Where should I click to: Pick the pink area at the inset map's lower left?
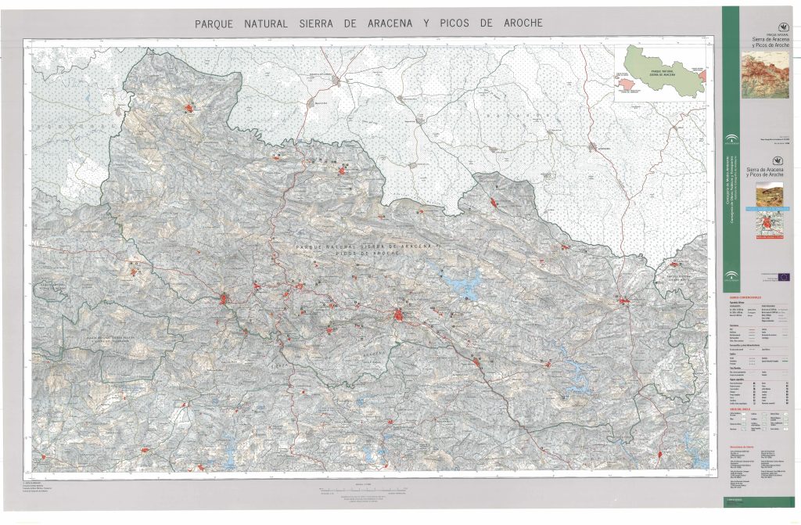point(623,84)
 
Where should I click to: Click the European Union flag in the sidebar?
point(783,275)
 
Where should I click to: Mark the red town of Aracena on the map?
point(400,317)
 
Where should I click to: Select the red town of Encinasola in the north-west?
point(190,109)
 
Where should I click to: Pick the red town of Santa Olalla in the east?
point(624,300)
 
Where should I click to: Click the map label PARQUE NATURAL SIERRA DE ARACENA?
point(368,247)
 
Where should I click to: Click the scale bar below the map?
point(368,489)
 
